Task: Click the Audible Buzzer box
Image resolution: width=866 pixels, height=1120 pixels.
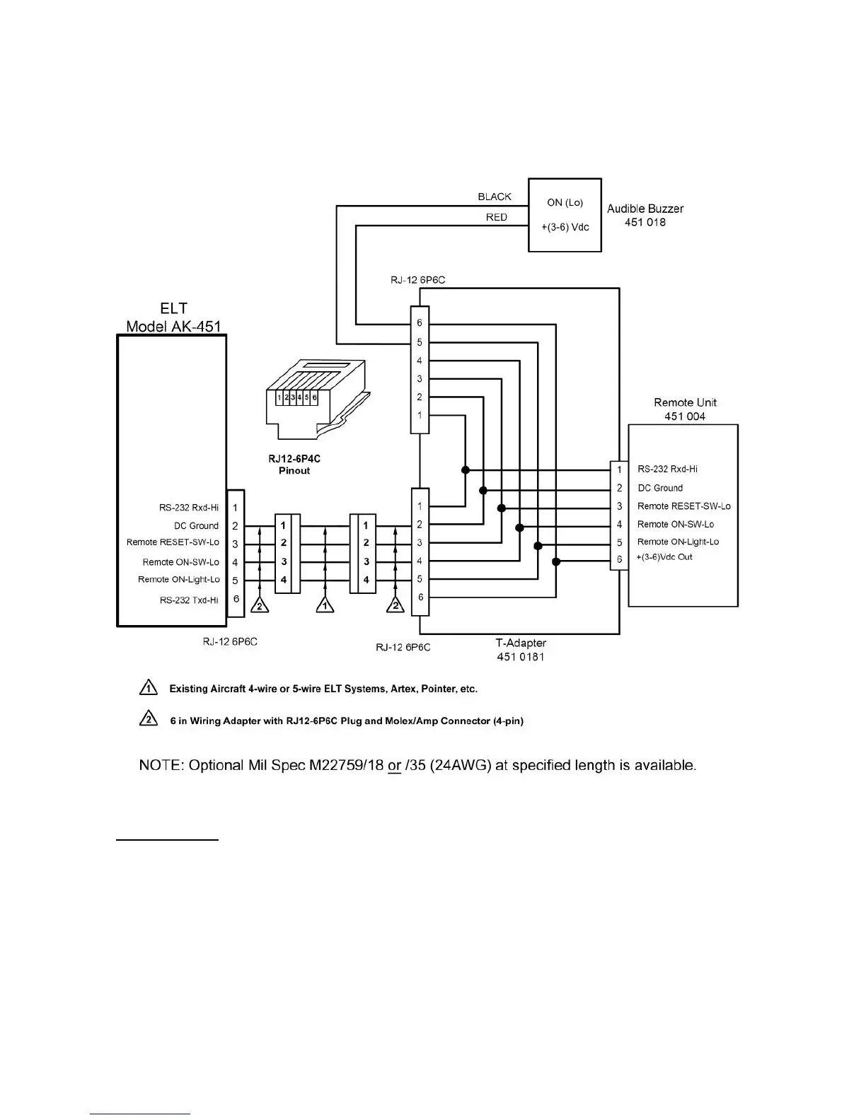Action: (x=565, y=215)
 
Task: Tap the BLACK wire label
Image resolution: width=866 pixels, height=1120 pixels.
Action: (x=495, y=197)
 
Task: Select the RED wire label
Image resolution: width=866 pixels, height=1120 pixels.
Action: (x=497, y=217)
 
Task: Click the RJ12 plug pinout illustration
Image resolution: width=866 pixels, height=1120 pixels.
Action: (x=318, y=400)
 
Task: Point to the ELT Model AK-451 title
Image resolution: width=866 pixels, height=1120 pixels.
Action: (x=173, y=317)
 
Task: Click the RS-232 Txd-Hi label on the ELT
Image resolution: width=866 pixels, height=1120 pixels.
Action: (x=189, y=600)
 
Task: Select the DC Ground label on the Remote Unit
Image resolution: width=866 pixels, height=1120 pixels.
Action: (x=660, y=488)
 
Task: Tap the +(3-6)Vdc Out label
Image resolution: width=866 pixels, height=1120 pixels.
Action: (x=665, y=557)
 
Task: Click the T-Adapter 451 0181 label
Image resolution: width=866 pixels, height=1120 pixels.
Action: (x=521, y=650)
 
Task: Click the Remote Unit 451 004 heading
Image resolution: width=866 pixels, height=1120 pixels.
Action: (x=685, y=409)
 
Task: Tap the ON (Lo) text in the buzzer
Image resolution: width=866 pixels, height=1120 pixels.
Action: (x=565, y=202)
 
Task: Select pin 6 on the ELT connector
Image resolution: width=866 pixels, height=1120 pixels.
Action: (x=236, y=599)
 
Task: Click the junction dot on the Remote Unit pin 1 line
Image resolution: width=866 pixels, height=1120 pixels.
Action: (x=466, y=469)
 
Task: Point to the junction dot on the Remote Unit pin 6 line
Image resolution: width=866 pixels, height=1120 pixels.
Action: (x=556, y=562)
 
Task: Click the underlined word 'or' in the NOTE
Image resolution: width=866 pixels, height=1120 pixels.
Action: (x=395, y=766)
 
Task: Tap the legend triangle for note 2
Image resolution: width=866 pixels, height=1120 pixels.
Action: (x=148, y=721)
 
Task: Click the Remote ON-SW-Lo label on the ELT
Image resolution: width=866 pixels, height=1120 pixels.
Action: (x=181, y=562)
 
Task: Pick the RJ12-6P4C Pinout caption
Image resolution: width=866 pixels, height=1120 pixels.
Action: (x=294, y=465)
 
